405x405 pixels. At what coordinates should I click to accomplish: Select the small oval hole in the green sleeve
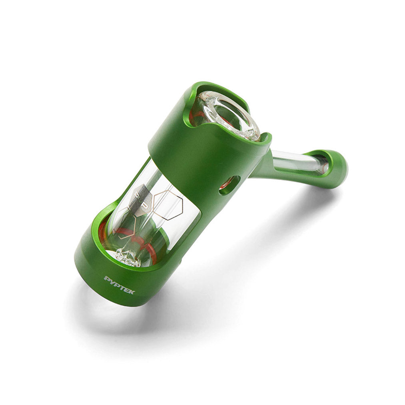229,185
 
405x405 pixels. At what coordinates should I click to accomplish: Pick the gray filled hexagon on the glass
142,200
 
